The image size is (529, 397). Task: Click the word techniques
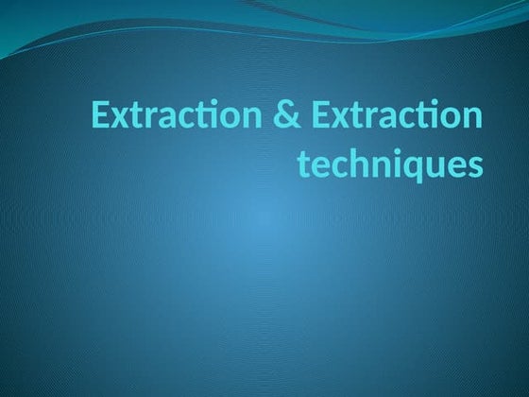click(x=389, y=166)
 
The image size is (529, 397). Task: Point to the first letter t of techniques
click(x=304, y=165)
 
